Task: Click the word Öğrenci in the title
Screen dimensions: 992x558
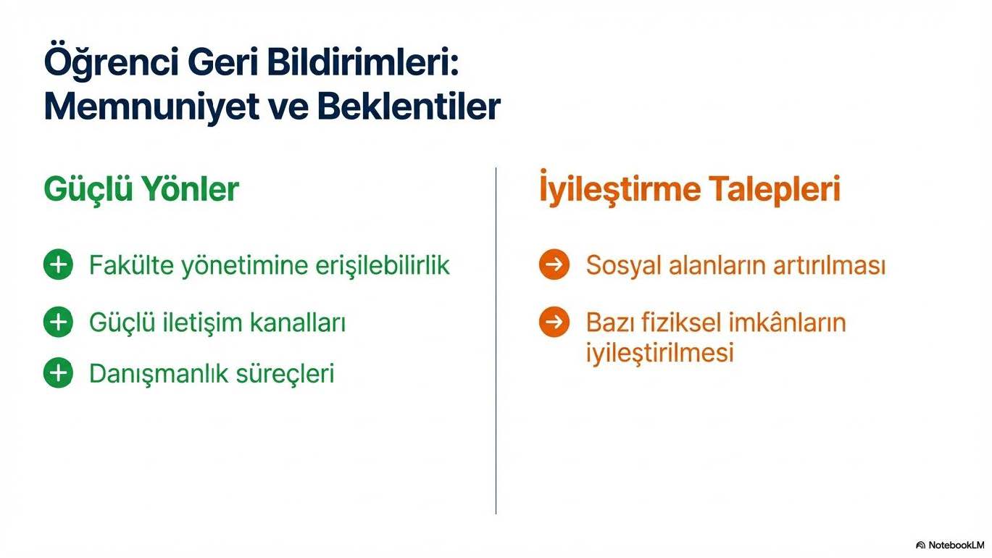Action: [x=111, y=63]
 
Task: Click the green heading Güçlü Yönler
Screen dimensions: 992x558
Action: [x=141, y=189]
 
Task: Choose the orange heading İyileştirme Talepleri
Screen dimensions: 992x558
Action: [x=690, y=188]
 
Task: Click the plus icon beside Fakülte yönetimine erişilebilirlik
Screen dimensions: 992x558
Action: [x=58, y=265]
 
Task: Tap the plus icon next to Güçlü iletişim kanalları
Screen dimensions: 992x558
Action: [x=58, y=322]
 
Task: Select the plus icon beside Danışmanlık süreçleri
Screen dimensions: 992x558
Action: [x=58, y=372]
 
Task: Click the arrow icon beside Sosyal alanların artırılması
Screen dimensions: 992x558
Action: [x=554, y=265]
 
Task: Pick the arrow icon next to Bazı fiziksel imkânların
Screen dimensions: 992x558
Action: [x=554, y=322]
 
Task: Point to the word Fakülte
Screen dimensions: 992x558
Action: [x=131, y=265]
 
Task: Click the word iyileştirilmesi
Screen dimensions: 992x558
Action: [x=660, y=353]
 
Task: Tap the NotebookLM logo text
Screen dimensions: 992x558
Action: [x=950, y=545]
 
